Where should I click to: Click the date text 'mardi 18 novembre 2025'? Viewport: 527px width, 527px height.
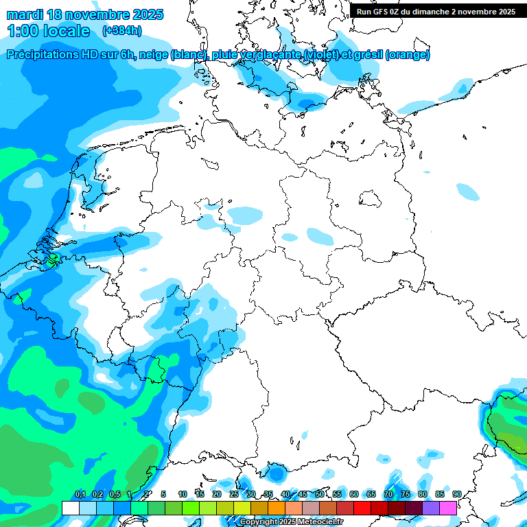pos(84,14)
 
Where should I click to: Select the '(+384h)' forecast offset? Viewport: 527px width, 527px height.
pos(122,31)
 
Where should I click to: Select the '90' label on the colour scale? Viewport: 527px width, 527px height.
pos(456,494)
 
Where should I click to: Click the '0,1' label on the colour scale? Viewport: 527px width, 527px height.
pos(80,494)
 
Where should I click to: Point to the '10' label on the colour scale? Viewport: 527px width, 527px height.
pos(182,494)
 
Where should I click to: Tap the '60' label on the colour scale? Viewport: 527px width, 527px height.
pos(353,494)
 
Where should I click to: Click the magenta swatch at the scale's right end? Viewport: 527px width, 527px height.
pos(448,508)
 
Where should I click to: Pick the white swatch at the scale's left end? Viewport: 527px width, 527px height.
pos(70,508)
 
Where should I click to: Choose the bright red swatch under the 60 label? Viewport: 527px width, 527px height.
pos(362,508)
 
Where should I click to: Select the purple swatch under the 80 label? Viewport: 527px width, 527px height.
pos(431,508)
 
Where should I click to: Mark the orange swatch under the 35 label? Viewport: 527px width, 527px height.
pos(277,508)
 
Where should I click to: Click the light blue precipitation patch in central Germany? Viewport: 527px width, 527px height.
pos(246,215)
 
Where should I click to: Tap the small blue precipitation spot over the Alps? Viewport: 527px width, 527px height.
pos(276,473)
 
